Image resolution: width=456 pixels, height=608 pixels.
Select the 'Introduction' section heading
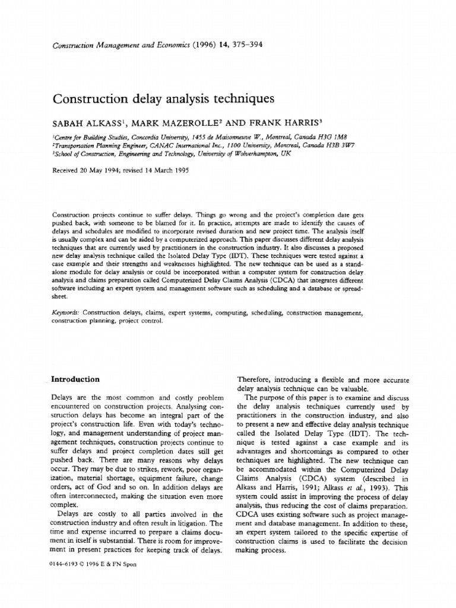point(76,379)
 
